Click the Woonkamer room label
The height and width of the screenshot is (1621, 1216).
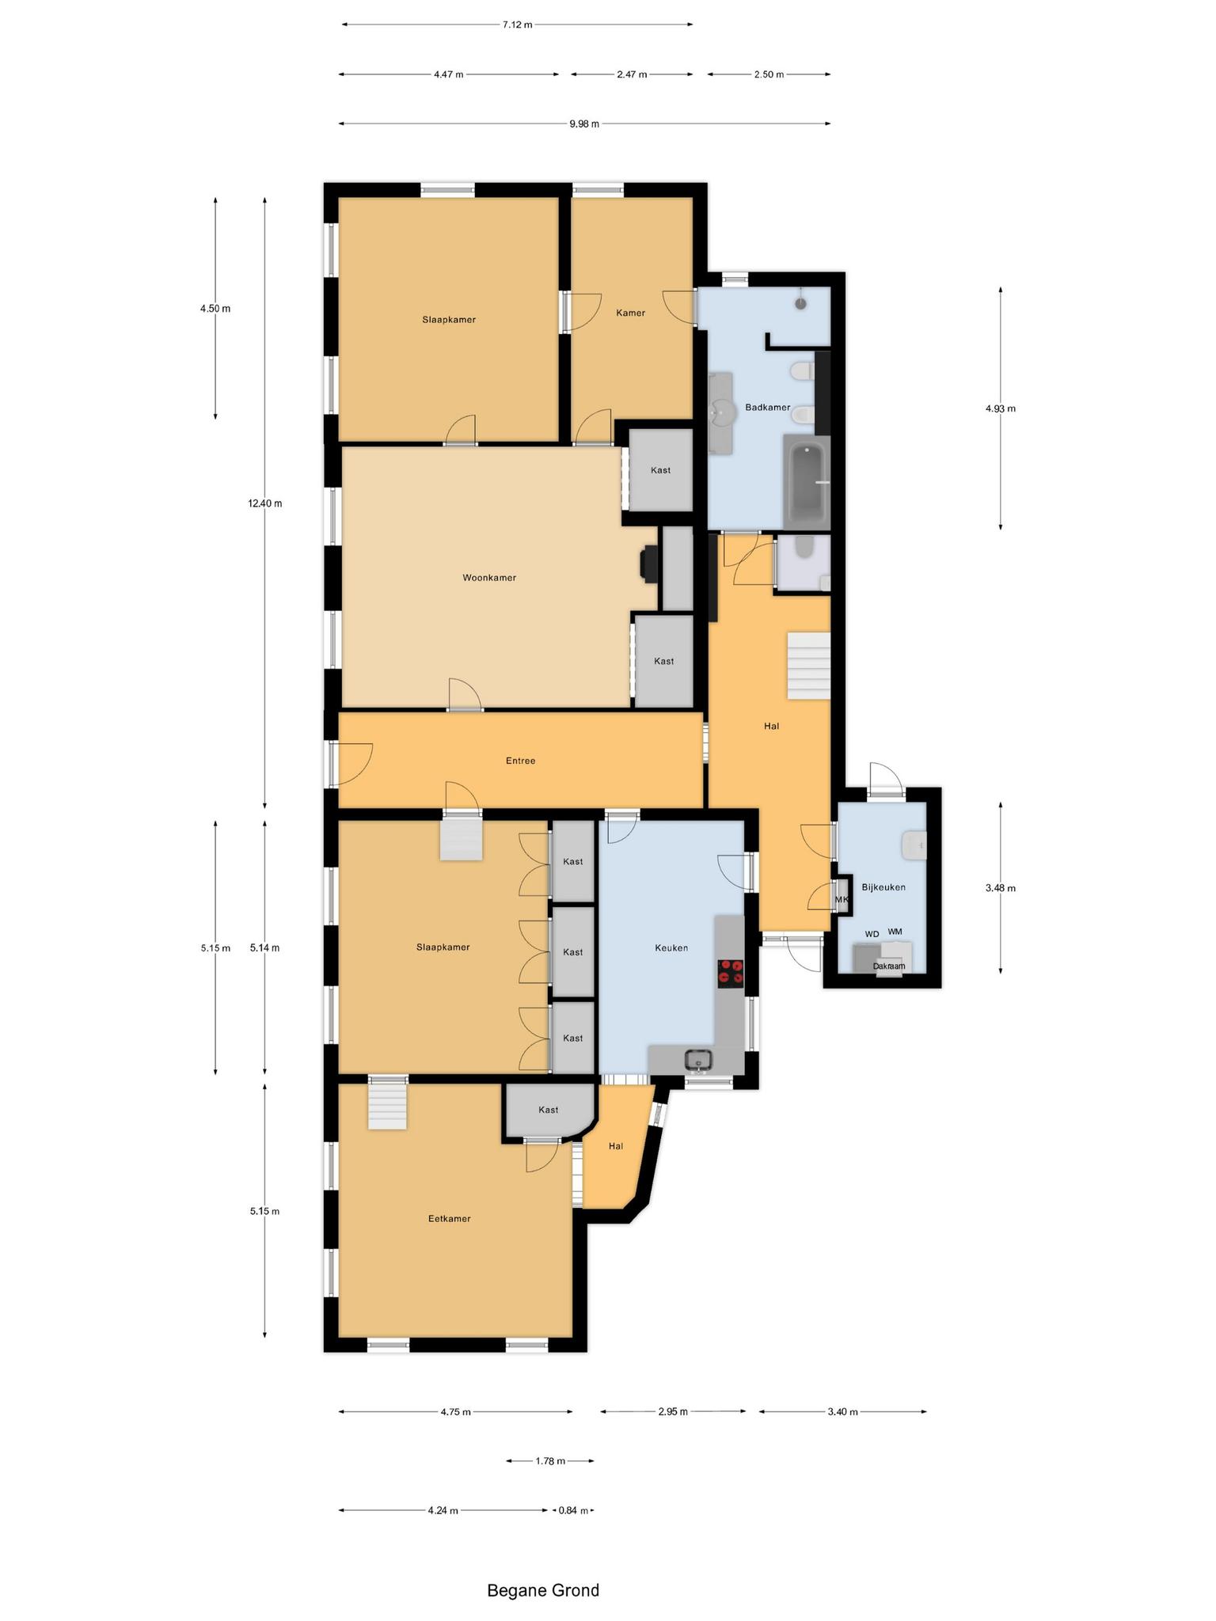pyautogui.click(x=489, y=578)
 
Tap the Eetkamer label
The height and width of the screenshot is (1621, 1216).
pyautogui.click(x=449, y=1218)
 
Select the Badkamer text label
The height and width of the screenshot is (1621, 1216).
pyautogui.click(x=767, y=408)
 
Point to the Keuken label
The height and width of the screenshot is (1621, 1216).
pyautogui.click(x=671, y=947)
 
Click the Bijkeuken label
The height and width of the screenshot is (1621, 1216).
pyautogui.click(x=883, y=887)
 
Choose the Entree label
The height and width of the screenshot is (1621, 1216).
pyautogui.click(x=520, y=761)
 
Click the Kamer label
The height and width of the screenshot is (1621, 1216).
pyautogui.click(x=630, y=313)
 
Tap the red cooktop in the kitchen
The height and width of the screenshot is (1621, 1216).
pyautogui.click(x=730, y=973)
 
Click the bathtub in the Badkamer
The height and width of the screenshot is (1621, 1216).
pyautogui.click(x=806, y=482)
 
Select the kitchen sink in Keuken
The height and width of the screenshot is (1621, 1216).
pyautogui.click(x=699, y=1059)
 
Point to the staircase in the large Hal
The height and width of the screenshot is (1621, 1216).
pyautogui.click(x=808, y=666)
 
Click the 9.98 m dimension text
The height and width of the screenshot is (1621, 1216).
pyautogui.click(x=584, y=123)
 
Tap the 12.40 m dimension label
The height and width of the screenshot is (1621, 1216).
pyautogui.click(x=264, y=503)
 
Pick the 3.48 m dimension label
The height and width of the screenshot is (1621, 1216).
pyautogui.click(x=1000, y=888)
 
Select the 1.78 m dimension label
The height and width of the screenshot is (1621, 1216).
pyautogui.click(x=549, y=1461)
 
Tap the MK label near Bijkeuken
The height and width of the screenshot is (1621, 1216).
pyautogui.click(x=841, y=900)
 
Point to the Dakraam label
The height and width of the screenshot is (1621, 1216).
pyautogui.click(x=888, y=966)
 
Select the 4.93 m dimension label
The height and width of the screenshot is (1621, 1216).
pyautogui.click(x=1000, y=408)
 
